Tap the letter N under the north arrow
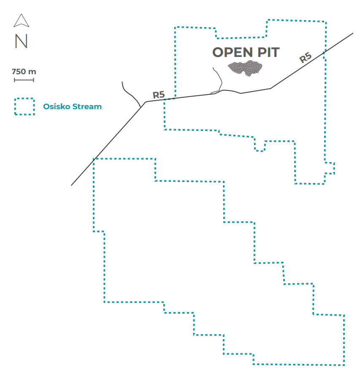(x=21, y=41)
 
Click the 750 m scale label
(x=24, y=72)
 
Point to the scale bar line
(x=24, y=80)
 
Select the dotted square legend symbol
(x=24, y=98)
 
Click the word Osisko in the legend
(x=57, y=107)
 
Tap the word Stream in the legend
(x=87, y=107)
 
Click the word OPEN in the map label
(x=233, y=52)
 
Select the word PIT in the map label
(x=268, y=52)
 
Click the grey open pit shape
(x=245, y=68)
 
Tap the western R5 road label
(x=159, y=95)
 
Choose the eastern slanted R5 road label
(x=306, y=57)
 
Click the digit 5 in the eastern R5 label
(x=308, y=56)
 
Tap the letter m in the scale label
(x=32, y=72)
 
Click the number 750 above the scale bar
(x=19, y=72)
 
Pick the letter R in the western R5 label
(x=156, y=95)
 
